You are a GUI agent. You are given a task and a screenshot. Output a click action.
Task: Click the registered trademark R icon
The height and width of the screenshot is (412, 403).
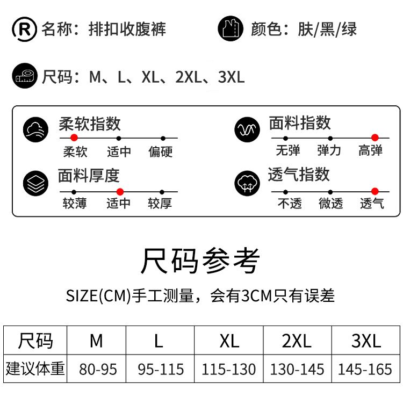[x=24, y=29]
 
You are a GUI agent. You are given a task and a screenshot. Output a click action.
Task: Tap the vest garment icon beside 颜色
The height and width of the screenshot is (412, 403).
[x=231, y=28]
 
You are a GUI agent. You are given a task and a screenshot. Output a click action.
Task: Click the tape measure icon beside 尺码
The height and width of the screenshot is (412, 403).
[x=25, y=76]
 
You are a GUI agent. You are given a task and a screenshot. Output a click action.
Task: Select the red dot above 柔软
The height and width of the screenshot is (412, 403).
[x=74, y=138]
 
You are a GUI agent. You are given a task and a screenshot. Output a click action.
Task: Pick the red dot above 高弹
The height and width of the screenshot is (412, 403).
[x=375, y=138]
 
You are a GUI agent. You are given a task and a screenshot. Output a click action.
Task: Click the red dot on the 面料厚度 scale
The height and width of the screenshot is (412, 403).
[x=120, y=192]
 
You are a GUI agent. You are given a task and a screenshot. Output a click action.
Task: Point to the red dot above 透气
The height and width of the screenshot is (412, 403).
[x=375, y=191]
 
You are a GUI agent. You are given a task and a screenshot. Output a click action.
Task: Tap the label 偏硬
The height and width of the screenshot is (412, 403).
[x=160, y=152]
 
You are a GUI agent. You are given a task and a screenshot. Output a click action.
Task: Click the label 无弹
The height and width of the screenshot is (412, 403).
[x=287, y=150]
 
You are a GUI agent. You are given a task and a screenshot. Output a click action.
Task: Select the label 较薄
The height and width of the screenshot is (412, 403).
[x=75, y=204]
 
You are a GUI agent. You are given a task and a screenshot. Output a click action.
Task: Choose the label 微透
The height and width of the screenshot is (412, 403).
[x=330, y=204]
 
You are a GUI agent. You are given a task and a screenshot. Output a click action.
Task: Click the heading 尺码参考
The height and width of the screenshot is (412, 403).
[x=200, y=261]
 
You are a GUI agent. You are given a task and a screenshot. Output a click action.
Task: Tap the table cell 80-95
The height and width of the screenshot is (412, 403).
[x=98, y=369]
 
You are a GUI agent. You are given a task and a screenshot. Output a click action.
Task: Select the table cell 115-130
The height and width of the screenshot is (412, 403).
[x=228, y=369]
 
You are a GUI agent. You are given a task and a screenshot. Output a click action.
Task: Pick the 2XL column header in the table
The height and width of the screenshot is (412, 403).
[x=297, y=341]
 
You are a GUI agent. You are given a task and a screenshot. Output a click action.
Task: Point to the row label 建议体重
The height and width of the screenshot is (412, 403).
[x=35, y=368]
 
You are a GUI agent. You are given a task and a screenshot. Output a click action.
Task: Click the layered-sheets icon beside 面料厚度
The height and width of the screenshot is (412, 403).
[x=36, y=183]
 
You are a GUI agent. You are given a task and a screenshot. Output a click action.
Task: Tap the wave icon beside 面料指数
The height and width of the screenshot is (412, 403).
[x=247, y=129]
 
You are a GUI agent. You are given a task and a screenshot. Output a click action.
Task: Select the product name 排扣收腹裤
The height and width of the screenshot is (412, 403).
[x=127, y=29]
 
